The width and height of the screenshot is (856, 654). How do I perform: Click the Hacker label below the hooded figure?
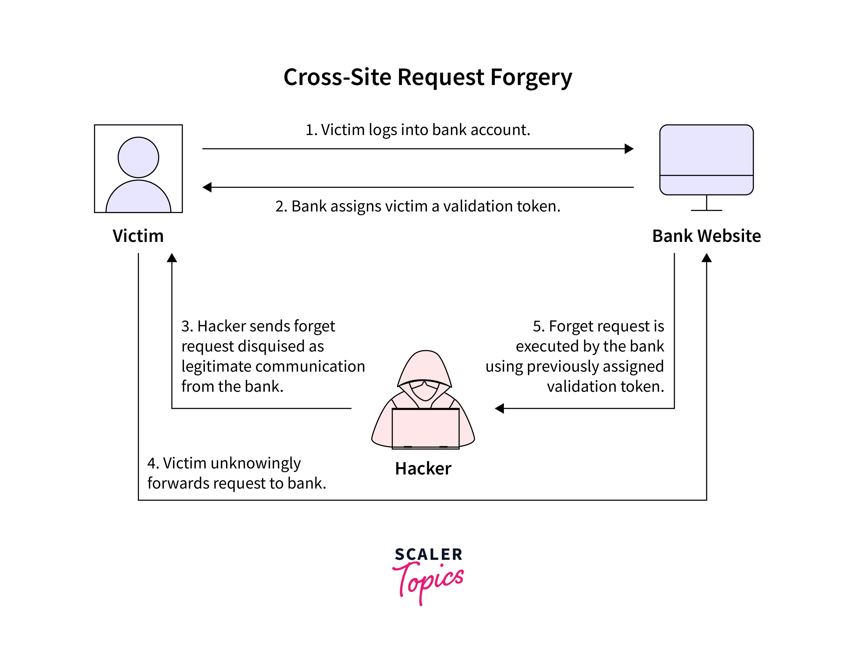[x=423, y=468]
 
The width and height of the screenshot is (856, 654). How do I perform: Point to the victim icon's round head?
[x=138, y=157]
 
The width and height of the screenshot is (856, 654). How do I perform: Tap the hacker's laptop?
[x=425, y=428]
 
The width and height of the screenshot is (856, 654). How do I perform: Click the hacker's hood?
[x=425, y=366]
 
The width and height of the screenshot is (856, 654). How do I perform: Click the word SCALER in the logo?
[x=428, y=554]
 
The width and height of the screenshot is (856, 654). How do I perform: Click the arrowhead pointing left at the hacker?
[x=500, y=408]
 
